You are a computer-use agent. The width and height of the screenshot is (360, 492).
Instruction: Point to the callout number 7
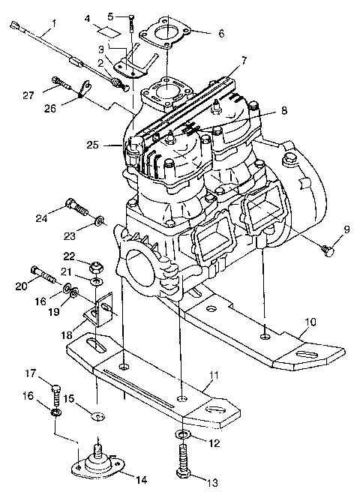click(x=244, y=60)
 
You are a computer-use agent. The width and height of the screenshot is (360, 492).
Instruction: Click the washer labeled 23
click(x=100, y=222)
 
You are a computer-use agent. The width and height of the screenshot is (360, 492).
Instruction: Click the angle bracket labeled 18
click(x=100, y=309)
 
